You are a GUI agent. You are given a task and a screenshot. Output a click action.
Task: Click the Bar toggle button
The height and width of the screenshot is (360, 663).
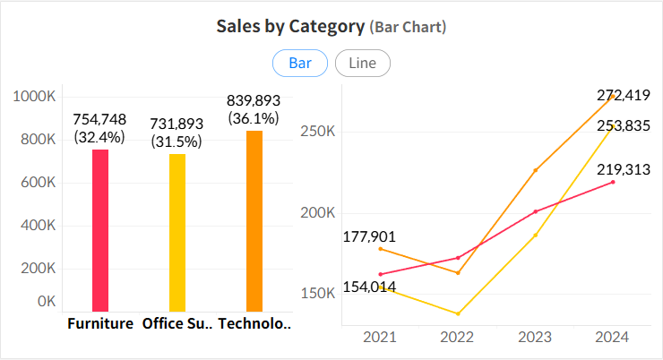(300, 64)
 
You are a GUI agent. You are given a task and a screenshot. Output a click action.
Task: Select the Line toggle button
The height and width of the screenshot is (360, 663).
(362, 64)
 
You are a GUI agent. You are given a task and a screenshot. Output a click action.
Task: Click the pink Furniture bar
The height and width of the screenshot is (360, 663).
(100, 230)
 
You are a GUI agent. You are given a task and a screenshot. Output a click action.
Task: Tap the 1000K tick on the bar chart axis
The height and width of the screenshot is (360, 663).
(36, 97)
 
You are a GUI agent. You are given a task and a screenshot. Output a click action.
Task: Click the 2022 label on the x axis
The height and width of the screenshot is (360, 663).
(458, 338)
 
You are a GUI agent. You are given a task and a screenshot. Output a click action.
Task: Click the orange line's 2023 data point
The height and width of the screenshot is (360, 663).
(536, 170)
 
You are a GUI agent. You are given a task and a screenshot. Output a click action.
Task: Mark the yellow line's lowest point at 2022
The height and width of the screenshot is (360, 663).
(458, 313)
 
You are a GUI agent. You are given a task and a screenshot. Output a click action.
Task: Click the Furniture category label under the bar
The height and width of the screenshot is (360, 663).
(100, 323)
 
